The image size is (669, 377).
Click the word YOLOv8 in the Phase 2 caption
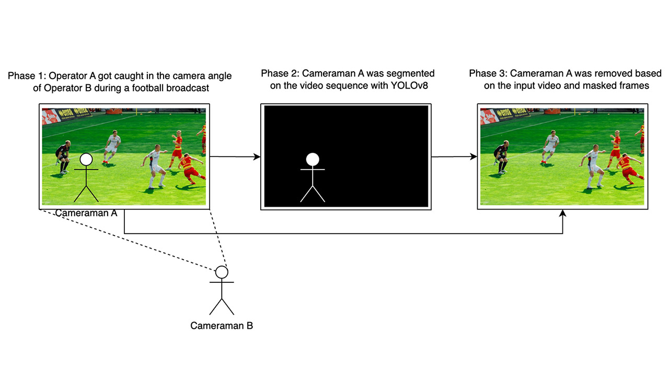pos(409,85)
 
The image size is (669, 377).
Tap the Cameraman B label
pos(222,326)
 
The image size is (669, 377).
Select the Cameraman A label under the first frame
pos(86,213)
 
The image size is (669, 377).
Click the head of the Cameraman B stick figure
pos(222,272)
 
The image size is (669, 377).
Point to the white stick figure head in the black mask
pos(313,160)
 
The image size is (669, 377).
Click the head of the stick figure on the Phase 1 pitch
pos(86,160)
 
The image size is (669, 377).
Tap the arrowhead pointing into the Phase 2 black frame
pos(257,157)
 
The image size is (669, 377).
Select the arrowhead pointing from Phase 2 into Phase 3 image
pos(474,157)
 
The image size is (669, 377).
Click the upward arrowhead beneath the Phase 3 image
pos(563,213)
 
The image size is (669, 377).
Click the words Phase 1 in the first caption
pos(27,76)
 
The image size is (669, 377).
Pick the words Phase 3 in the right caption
pos(488,73)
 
